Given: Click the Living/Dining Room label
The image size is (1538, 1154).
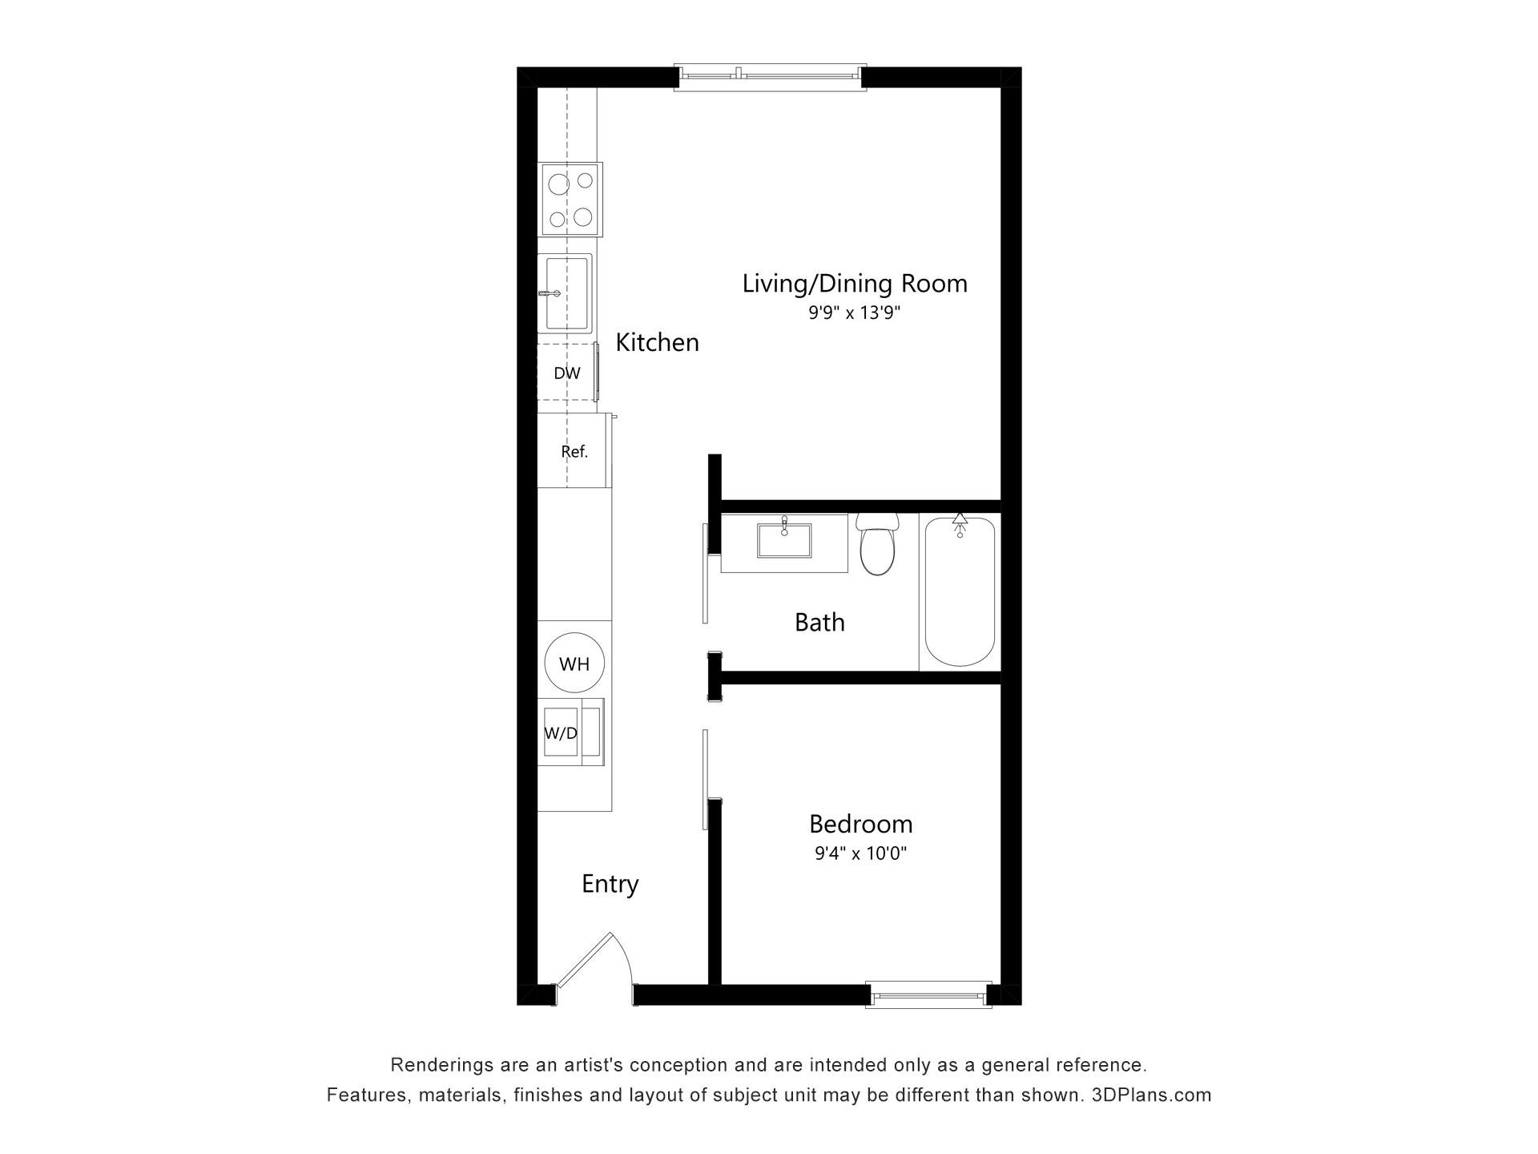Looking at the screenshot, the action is click(x=855, y=284).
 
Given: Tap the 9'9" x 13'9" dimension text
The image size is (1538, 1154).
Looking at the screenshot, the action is click(x=855, y=313).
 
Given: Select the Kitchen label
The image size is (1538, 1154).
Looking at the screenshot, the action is click(x=657, y=342).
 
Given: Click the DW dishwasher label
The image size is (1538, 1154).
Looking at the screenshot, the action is click(x=567, y=373).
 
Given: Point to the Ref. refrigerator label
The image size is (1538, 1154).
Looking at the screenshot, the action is click(x=574, y=452).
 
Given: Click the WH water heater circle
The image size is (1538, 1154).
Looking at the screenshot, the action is click(x=574, y=663).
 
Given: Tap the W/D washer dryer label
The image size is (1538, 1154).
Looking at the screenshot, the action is click(x=561, y=733).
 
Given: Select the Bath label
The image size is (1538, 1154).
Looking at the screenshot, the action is click(x=819, y=622).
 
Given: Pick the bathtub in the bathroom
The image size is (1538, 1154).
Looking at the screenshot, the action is click(x=960, y=591).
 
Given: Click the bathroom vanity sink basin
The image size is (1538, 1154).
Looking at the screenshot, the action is click(x=784, y=540).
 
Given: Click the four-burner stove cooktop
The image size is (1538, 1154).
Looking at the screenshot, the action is click(x=570, y=200).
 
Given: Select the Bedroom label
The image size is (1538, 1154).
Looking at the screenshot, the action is click(x=860, y=824).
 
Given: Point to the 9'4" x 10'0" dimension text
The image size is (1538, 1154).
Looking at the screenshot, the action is click(x=860, y=853).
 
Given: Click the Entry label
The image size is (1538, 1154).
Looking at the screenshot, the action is click(x=610, y=884).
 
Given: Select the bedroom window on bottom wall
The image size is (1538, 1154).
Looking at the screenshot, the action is click(x=929, y=995).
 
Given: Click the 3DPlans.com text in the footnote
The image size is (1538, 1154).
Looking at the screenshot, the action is click(x=1151, y=1095).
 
